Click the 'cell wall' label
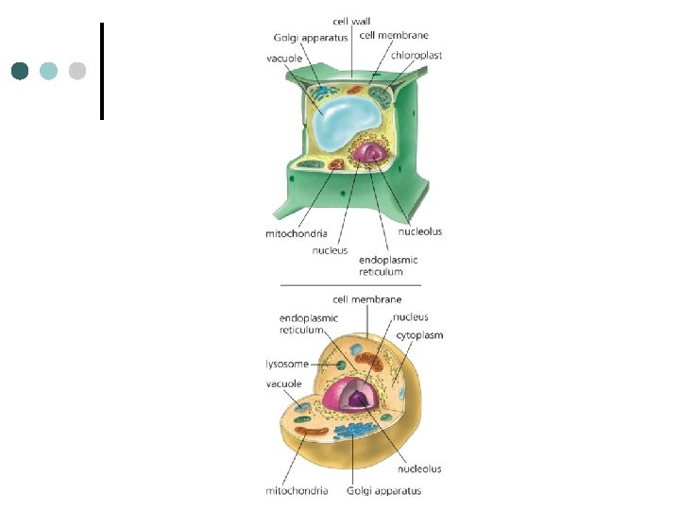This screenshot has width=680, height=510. point(352,22)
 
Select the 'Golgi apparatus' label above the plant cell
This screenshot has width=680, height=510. point(311,38)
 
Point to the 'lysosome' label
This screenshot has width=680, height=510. point(287,364)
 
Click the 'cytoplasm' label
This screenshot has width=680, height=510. point(419,334)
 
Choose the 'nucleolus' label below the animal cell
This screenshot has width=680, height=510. point(419,468)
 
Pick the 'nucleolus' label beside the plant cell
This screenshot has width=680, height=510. point(419,231)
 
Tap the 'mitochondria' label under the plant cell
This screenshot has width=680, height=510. point(297,232)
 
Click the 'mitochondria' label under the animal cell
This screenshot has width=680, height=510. point(297,490)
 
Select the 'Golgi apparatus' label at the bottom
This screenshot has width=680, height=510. point(383,490)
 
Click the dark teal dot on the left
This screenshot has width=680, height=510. point(21,71)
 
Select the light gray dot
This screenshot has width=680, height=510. point(77,71)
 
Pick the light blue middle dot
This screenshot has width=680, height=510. point(49,71)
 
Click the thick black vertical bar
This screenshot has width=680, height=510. point(101,71)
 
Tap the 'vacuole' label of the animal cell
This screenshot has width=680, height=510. point(283,384)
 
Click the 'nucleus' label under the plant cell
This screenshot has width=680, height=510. point(330,250)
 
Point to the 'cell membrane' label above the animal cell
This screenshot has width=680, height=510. point(366,299)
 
